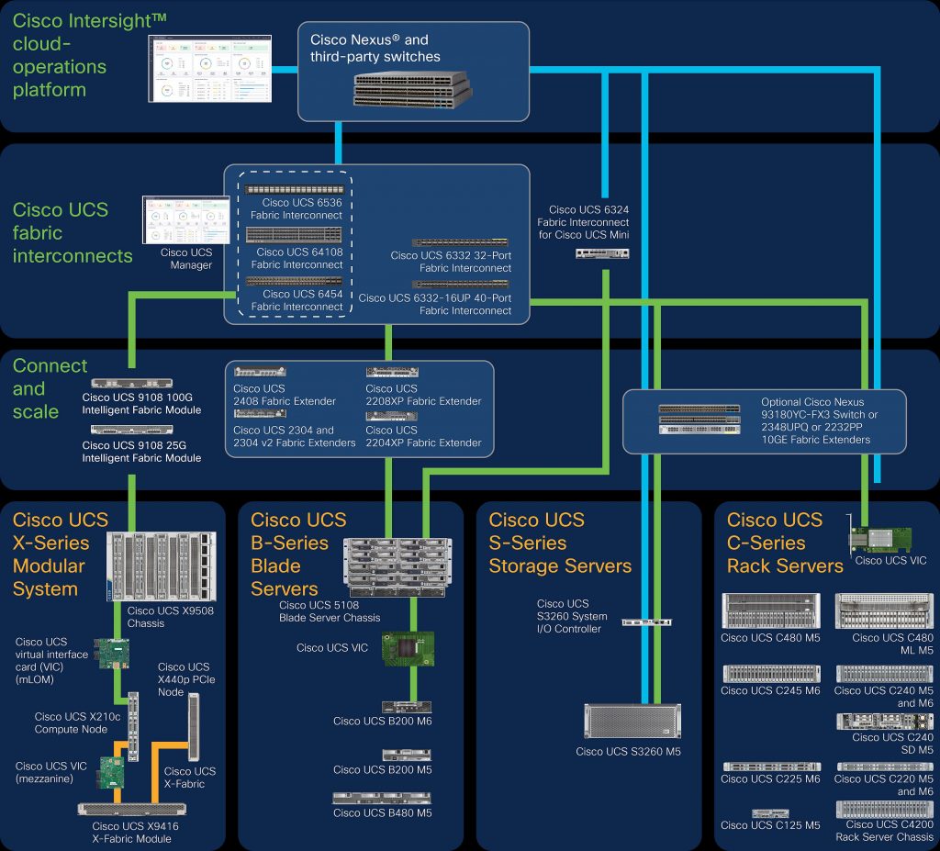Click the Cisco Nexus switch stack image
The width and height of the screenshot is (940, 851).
click(x=412, y=87)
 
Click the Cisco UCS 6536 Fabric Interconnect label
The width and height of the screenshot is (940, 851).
click(x=297, y=208)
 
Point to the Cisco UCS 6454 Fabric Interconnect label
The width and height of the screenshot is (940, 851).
click(x=297, y=300)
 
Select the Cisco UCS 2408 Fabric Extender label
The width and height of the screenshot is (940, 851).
click(x=285, y=395)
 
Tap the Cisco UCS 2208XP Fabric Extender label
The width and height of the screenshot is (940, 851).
click(x=423, y=395)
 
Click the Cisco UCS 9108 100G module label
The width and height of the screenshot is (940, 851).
click(x=141, y=403)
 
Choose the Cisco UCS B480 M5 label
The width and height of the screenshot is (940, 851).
click(x=382, y=812)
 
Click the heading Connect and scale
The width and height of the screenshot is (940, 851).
click(x=50, y=388)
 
